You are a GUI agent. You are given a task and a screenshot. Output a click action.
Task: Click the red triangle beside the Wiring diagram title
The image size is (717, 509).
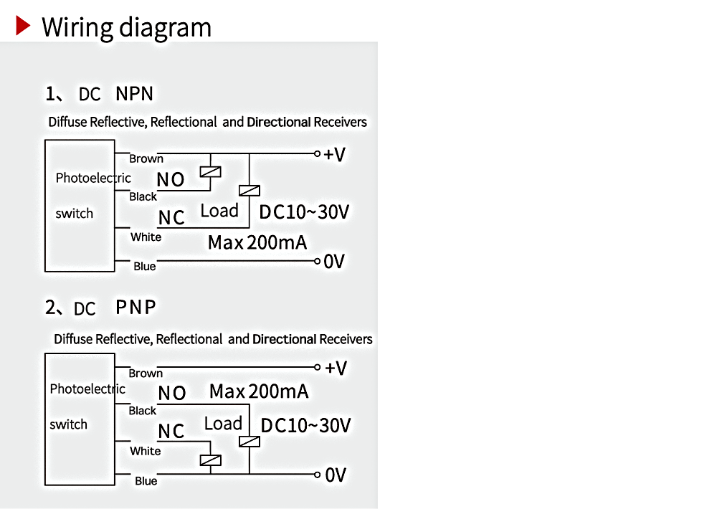click(23, 26)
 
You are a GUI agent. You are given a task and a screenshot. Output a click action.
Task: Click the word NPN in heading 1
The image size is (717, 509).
click(135, 94)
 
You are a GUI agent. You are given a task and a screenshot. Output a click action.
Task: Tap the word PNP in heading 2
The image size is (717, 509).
click(136, 308)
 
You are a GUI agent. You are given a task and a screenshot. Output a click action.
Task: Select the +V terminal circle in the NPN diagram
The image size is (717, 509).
click(318, 153)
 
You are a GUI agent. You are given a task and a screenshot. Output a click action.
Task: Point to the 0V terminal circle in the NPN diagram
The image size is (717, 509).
click(318, 262)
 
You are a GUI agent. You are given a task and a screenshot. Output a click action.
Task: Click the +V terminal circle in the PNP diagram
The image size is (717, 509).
click(318, 367)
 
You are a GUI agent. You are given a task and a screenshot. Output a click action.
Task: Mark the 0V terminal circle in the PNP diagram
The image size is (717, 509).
click(318, 475)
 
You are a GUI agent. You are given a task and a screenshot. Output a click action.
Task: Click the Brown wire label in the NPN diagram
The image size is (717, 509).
click(146, 158)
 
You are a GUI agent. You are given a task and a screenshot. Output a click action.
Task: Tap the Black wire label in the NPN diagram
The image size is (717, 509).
click(143, 196)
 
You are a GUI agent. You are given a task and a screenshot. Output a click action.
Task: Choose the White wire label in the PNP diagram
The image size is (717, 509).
click(146, 452)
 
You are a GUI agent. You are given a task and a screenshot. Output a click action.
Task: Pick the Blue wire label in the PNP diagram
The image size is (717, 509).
click(146, 481)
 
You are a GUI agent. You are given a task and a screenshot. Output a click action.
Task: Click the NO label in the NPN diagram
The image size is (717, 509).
click(171, 180)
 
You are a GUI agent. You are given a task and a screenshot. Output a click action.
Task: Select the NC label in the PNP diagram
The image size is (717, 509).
click(171, 432)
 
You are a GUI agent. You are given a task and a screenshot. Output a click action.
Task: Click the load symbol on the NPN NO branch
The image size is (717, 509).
click(210, 172)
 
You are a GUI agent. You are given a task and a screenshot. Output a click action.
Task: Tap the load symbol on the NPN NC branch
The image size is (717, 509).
click(250, 191)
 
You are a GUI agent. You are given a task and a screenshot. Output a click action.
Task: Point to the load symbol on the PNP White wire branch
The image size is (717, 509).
click(210, 460)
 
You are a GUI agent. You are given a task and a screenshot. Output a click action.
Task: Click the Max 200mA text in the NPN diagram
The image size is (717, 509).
click(257, 242)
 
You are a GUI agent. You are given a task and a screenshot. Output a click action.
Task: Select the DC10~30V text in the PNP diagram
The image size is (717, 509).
click(305, 426)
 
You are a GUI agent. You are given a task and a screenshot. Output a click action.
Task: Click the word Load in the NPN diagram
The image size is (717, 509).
click(219, 211)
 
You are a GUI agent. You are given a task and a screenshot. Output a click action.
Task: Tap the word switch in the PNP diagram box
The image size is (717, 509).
click(69, 424)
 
